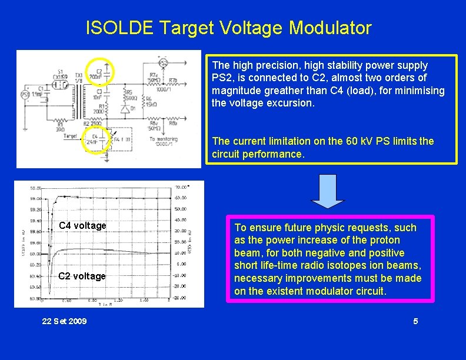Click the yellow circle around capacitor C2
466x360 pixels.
click(101, 72)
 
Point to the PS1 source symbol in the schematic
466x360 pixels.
click(25, 94)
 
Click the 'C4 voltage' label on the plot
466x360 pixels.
click(82, 226)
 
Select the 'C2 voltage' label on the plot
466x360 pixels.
click(82, 276)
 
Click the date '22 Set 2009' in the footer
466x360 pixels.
click(65, 321)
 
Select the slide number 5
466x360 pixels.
click(415, 321)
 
